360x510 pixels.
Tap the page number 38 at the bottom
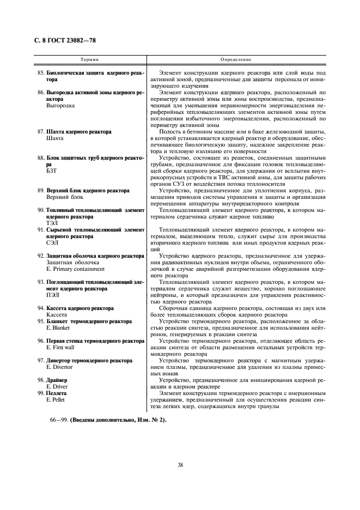(180, 465)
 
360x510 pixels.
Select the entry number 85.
(40, 73)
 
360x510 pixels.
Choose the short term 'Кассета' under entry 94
(57, 315)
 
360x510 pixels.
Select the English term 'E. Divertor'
(60, 367)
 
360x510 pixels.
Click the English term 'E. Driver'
(58, 386)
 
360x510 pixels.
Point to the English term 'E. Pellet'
(58, 399)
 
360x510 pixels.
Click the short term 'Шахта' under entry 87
(54, 138)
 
